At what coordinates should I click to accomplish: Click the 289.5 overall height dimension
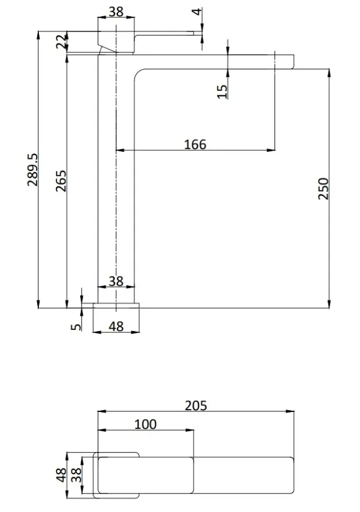pos(33,170)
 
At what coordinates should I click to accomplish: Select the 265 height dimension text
pos(61,181)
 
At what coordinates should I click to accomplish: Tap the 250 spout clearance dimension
pos(323,189)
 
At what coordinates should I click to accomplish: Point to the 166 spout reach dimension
pos(195,144)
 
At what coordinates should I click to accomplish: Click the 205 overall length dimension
pos(196,406)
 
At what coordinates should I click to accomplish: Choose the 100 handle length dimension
pos(145,424)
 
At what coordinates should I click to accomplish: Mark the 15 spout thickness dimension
pos(222,91)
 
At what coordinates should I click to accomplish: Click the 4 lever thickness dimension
pos(197,12)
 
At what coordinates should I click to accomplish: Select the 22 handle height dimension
pos(61,42)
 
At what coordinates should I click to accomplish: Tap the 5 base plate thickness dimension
pos(76,326)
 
